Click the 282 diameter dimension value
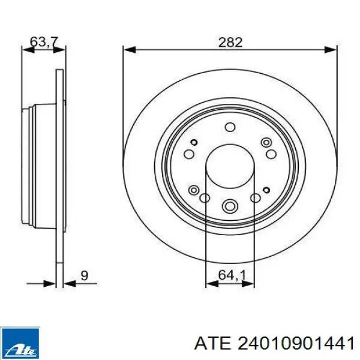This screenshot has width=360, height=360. click(230, 42)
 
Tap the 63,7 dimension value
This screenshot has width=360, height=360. click(44, 42)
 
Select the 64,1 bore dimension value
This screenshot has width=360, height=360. click(232, 275)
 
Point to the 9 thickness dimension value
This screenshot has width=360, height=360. click(84, 275)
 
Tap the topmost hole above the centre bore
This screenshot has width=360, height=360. click(230, 127)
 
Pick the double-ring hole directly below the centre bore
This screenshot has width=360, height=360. click(230, 205)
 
